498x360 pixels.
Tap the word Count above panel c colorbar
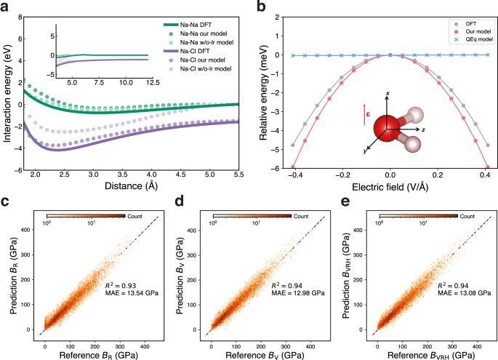(x=137, y=216)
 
